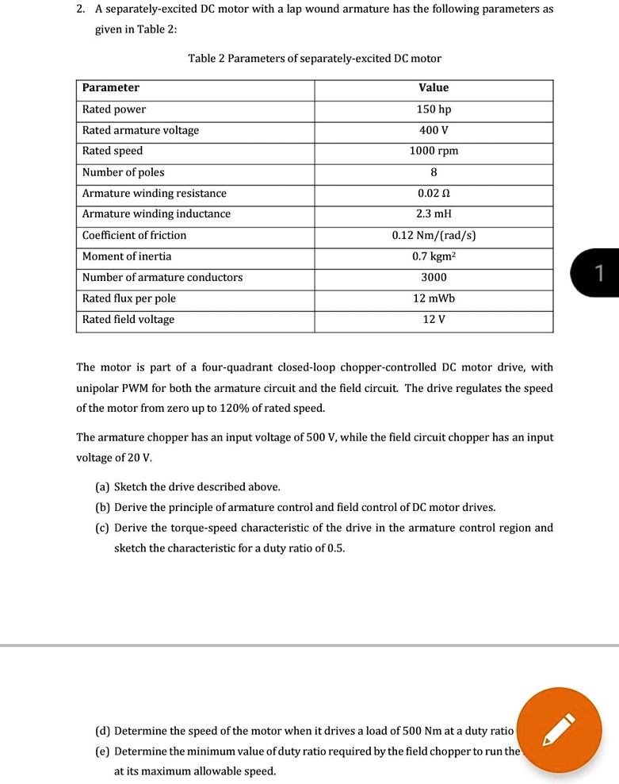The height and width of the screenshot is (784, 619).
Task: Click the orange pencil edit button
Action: point(561,729)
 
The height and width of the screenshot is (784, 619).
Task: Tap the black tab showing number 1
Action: point(598,273)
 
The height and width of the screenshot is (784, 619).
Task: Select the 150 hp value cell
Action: point(434,109)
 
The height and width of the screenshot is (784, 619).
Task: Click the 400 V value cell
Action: point(434,130)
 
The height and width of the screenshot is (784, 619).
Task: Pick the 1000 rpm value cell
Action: point(434,151)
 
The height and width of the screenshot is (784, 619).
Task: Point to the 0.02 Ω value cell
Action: point(434,193)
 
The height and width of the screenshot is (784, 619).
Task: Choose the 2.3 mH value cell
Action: point(434,214)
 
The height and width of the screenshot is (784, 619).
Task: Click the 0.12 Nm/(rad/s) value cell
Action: point(434,235)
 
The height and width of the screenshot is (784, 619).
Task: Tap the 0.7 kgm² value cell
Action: point(434,256)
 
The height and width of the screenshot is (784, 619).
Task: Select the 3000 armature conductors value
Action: point(434,277)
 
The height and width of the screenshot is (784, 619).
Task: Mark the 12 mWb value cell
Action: point(434,298)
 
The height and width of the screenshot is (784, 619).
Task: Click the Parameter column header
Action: point(111,88)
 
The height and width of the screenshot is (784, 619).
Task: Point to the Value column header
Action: point(434,88)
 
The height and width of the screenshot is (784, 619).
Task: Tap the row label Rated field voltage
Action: point(128,319)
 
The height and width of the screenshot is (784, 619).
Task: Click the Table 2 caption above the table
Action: point(315,59)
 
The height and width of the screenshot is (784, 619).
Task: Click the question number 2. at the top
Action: point(81,10)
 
